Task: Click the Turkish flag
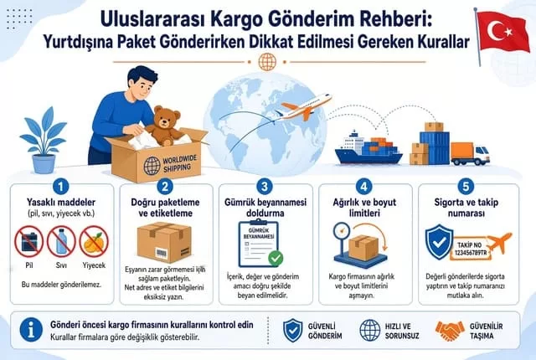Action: pyautogui.click(x=502, y=33)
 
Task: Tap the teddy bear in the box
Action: pyautogui.click(x=165, y=125)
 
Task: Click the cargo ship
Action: pyautogui.click(x=368, y=147)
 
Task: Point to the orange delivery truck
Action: pyautogui.click(x=470, y=154)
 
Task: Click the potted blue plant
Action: pyautogui.click(x=44, y=140)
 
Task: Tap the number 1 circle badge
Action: pyautogui.click(x=61, y=187)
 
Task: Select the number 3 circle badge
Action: pyautogui.click(x=265, y=187)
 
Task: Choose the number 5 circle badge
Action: pyautogui.click(x=466, y=187)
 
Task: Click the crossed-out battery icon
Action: pyautogui.click(x=29, y=241)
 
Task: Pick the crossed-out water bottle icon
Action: pyautogui.click(x=61, y=241)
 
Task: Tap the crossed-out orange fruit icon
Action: pyautogui.click(x=94, y=241)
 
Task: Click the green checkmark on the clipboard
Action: pyautogui.click(x=276, y=258)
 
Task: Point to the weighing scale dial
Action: pyautogui.click(x=342, y=231)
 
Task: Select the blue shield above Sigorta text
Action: pyautogui.click(x=439, y=242)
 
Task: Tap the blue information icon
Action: pyautogui.click(x=31, y=331)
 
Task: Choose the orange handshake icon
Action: pyautogui.click(x=450, y=331)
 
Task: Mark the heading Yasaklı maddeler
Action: pyautogui.click(x=61, y=203)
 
